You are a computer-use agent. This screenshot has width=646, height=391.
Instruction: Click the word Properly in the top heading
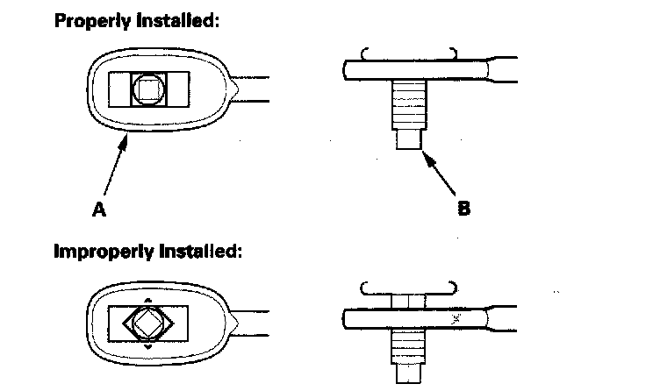tap(91, 21)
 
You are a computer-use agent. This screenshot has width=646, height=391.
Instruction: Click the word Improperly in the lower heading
tap(101, 251)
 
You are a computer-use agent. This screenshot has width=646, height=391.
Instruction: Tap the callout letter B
tap(463, 209)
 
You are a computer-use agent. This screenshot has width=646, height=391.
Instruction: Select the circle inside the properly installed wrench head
tap(146, 89)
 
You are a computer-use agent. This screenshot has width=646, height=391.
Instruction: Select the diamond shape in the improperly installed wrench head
tap(147, 323)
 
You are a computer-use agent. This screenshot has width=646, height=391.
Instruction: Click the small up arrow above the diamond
tap(146, 299)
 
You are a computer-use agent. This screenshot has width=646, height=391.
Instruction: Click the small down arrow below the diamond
tap(147, 347)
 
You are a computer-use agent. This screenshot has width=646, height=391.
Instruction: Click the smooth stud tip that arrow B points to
tap(406, 138)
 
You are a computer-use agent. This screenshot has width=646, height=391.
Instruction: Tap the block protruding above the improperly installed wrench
tap(406, 301)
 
